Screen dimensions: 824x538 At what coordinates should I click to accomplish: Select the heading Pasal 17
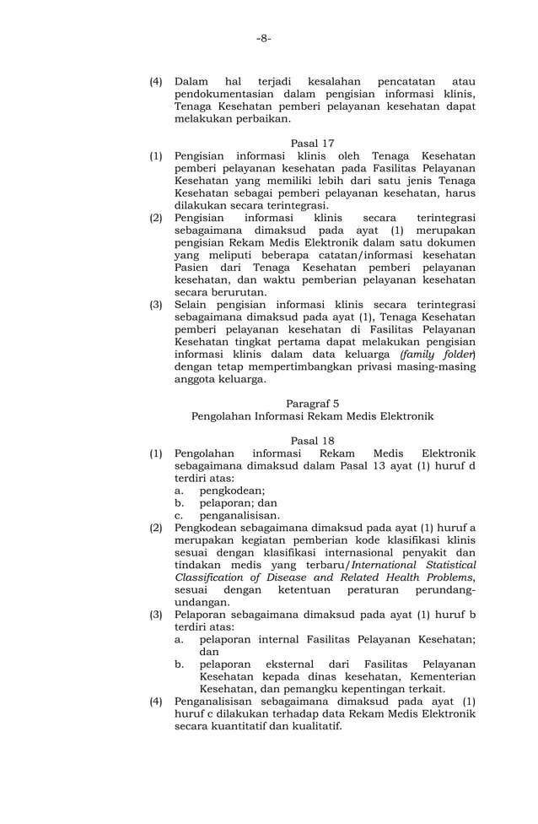click(312, 143)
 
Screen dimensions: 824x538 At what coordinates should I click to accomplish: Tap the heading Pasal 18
click(312, 440)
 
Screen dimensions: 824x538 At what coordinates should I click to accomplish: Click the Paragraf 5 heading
click(312, 403)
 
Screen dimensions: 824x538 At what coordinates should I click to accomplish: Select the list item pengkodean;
click(232, 490)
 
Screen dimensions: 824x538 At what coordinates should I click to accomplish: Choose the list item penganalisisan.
click(239, 515)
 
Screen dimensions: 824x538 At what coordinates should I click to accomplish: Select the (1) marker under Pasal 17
click(156, 156)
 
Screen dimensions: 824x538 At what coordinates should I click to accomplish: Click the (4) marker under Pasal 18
click(156, 701)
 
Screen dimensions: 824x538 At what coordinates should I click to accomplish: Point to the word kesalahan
click(313, 82)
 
